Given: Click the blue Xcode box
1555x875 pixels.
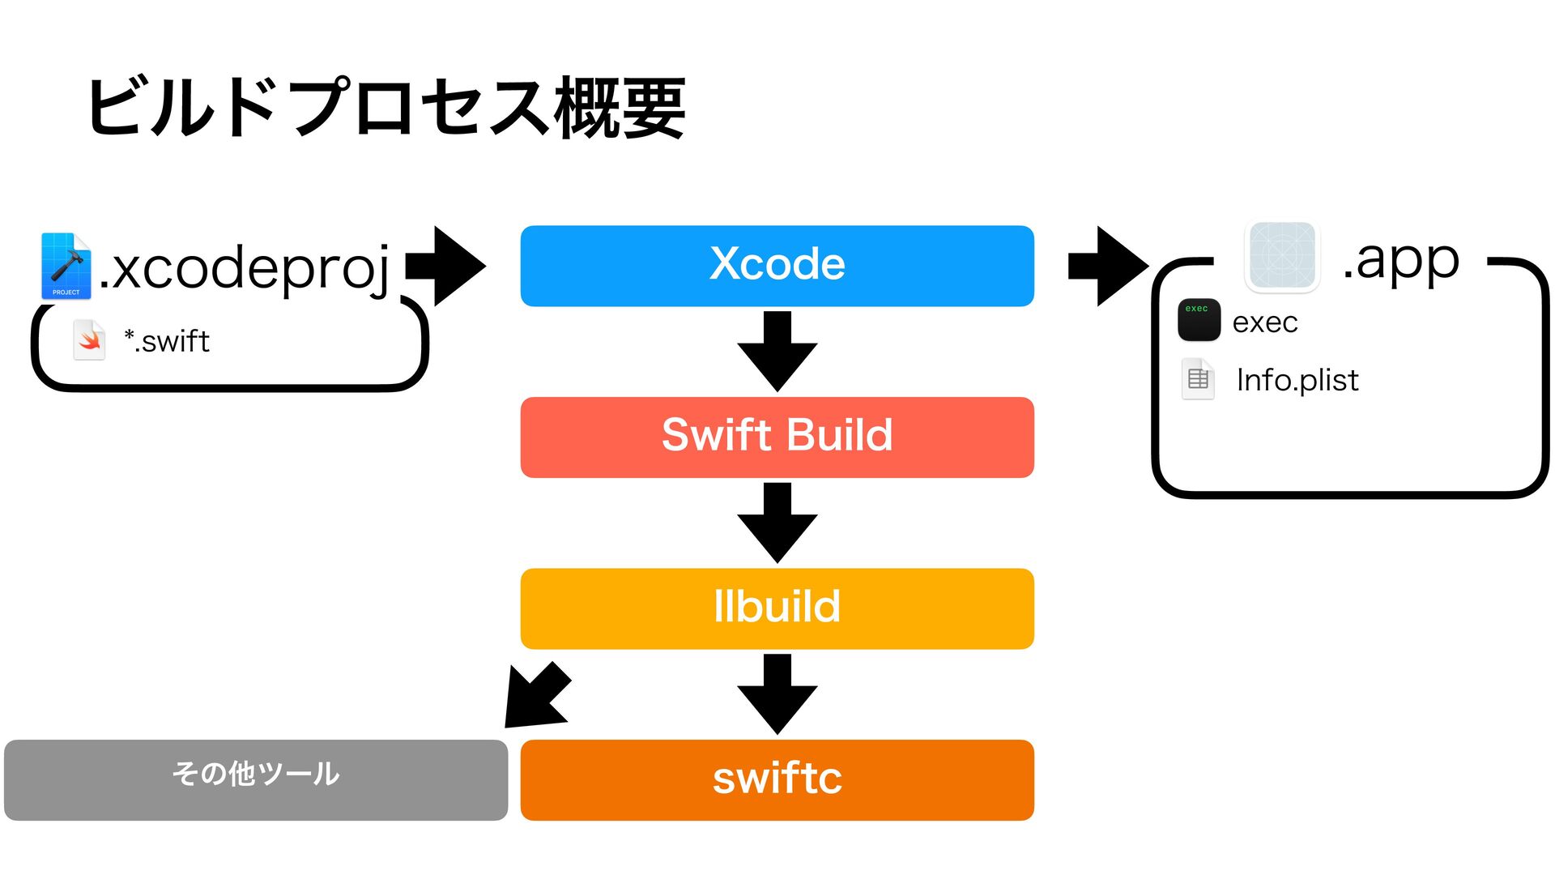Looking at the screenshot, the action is [x=777, y=266].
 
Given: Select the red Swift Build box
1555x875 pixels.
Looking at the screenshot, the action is [x=777, y=437].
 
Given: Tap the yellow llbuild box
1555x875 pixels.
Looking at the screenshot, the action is [x=777, y=608].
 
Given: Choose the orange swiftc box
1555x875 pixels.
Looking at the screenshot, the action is [x=777, y=780].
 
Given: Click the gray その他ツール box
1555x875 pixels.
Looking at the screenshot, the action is [x=256, y=780].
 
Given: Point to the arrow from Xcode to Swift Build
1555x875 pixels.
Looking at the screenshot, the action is [x=777, y=352].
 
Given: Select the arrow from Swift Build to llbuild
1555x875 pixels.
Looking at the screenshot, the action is [x=777, y=523].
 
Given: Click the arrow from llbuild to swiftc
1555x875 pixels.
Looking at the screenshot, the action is [x=777, y=694].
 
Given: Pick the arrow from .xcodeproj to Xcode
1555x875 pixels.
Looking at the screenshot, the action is [x=445, y=266].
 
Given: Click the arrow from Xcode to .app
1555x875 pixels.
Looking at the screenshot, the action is [x=1109, y=266].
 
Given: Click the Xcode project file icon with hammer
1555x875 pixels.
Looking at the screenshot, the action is [x=66, y=266].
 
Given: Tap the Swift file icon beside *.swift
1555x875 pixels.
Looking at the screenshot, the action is [x=89, y=340].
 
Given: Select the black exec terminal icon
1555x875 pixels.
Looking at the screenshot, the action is [x=1199, y=319].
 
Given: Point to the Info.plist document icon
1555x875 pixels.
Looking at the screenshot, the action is [x=1198, y=378].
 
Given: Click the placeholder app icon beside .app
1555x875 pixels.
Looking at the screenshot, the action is [x=1282, y=256].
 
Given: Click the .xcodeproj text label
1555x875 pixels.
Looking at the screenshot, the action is [x=245, y=268].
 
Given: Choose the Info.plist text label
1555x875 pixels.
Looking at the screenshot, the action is [x=1297, y=380].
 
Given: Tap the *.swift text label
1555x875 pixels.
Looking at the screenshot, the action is [x=167, y=341].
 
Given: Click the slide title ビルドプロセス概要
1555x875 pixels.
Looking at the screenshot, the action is [x=386, y=107].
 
